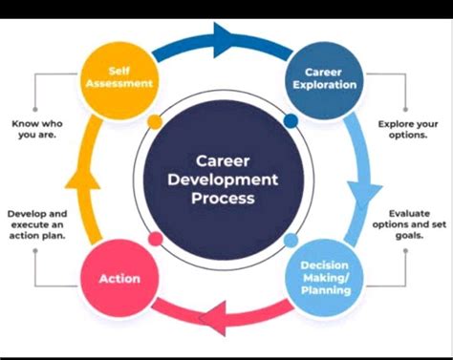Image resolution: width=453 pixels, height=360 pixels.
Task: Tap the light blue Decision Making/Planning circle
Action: pyautogui.click(x=323, y=277)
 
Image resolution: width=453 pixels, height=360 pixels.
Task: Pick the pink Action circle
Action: pyautogui.click(x=120, y=278)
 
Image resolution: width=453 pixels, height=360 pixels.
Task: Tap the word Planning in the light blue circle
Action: pyautogui.click(x=323, y=288)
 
